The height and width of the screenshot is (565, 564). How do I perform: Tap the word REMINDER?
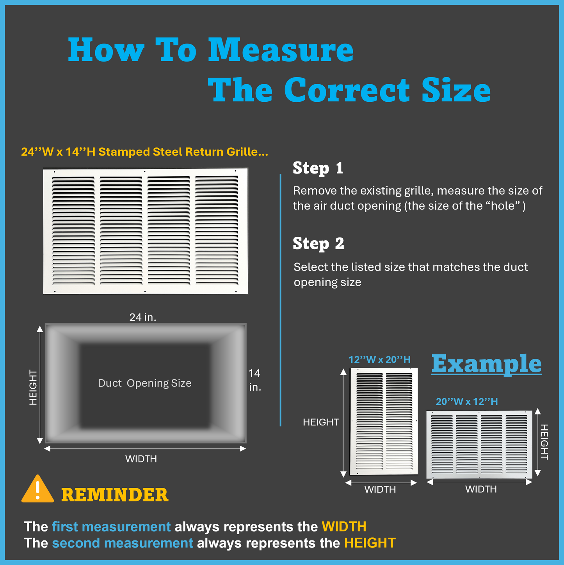click(x=115, y=495)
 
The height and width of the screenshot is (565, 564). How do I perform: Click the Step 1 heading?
click(x=318, y=168)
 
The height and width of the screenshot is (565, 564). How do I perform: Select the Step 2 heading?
click(x=318, y=244)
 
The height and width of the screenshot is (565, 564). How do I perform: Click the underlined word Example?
click(x=486, y=364)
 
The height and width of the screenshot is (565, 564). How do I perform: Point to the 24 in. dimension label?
click(x=143, y=317)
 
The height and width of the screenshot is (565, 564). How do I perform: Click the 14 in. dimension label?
click(x=254, y=380)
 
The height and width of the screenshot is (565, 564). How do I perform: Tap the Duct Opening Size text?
click(x=144, y=383)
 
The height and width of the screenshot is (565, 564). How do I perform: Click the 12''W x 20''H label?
click(x=379, y=360)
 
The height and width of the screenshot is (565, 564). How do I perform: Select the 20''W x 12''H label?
click(x=467, y=402)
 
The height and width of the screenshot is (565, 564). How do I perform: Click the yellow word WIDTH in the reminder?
click(x=344, y=527)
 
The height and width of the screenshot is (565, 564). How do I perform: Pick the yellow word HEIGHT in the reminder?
click(x=370, y=543)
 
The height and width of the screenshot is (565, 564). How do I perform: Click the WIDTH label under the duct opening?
click(x=141, y=459)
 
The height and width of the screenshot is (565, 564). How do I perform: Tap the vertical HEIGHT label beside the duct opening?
click(x=33, y=387)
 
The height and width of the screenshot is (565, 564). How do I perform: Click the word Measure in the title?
click(x=281, y=50)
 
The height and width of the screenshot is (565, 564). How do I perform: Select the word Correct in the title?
click(x=347, y=90)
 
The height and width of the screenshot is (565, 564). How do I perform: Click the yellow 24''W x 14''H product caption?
click(x=144, y=152)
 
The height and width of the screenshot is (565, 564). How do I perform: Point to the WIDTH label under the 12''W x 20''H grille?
click(x=380, y=489)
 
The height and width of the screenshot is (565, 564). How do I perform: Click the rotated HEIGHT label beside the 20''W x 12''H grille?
click(x=544, y=442)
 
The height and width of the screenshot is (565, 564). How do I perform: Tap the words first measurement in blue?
click(x=111, y=527)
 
